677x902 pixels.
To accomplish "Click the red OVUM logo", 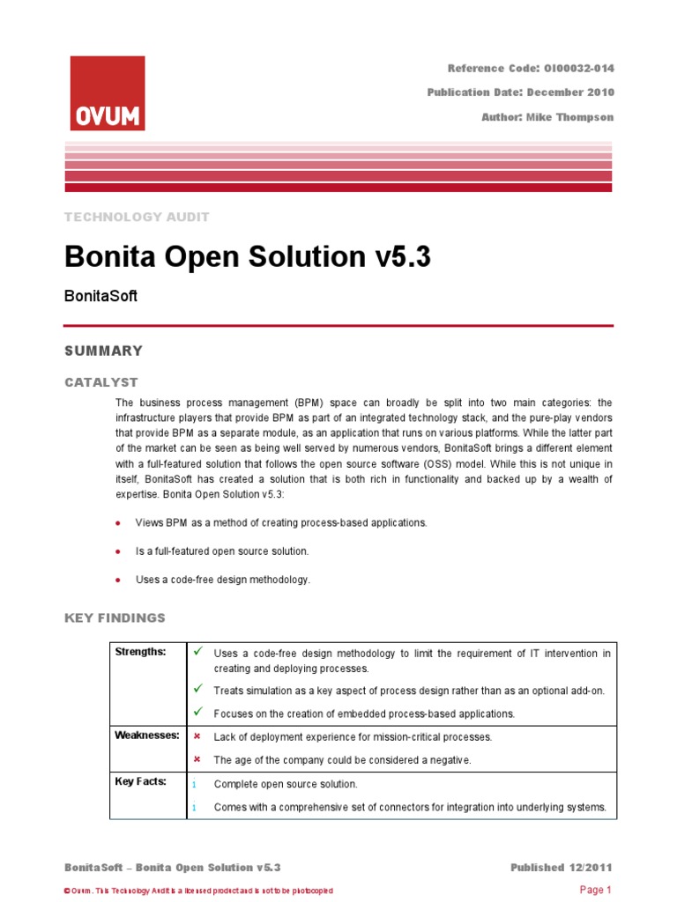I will [107, 93].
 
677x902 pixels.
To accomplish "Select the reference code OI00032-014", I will [570, 68].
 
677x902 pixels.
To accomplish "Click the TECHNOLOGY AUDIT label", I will [137, 217].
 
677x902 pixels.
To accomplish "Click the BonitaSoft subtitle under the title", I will [100, 297].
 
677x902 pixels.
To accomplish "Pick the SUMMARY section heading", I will [103, 351].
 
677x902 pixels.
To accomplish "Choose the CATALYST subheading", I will [101, 382].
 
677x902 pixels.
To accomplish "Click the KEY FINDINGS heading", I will [115, 618].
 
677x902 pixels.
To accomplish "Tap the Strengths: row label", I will [140, 651].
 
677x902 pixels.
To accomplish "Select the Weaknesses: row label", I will [147, 735].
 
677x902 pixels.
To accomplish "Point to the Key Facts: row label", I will [141, 781].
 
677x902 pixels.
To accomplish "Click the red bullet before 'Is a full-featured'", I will [118, 551].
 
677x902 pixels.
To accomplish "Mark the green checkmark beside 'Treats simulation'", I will [198, 689].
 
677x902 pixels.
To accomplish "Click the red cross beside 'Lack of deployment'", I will [197, 736].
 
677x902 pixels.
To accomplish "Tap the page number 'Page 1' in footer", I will [595, 890].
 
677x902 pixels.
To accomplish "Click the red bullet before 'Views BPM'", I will [118, 523].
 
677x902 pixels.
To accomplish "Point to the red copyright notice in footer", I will [199, 891].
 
